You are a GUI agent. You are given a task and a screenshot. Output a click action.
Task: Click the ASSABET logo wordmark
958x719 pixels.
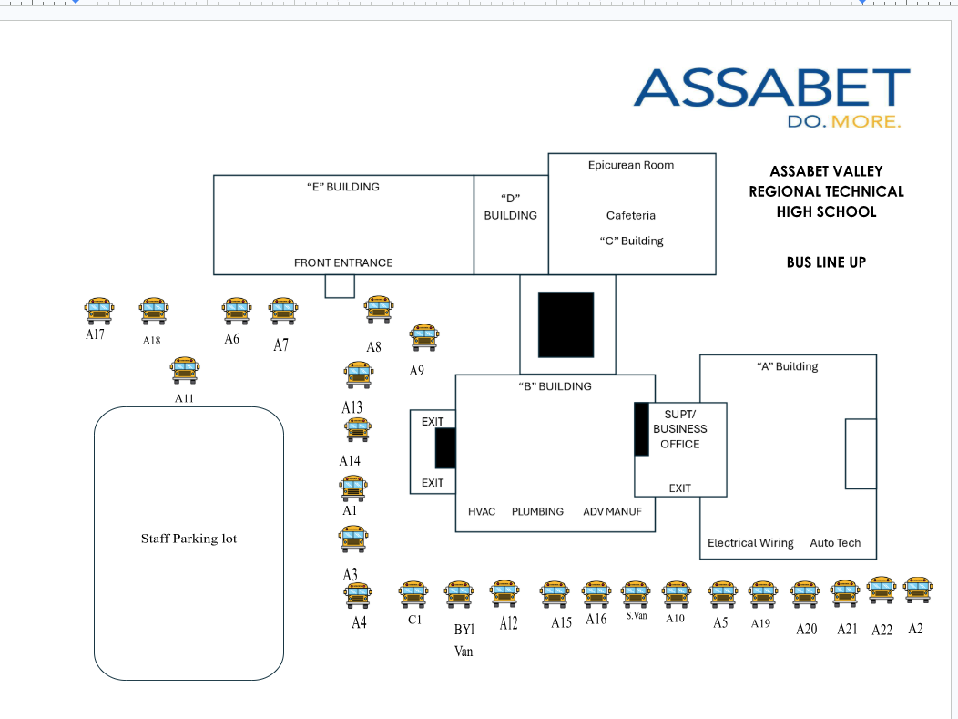[771, 87]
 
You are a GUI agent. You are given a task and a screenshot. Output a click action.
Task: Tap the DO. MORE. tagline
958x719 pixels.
[844, 121]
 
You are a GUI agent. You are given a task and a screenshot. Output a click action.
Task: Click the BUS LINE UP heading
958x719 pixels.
[826, 262]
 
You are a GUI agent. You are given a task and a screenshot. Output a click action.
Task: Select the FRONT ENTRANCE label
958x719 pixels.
[343, 262]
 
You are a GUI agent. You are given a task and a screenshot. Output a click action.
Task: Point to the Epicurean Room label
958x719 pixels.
[631, 165]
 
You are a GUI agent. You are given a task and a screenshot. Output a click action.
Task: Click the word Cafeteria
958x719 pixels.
[631, 215]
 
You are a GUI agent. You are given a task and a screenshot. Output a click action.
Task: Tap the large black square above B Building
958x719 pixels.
[566, 324]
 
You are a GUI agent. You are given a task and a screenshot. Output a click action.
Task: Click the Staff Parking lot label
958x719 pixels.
[189, 539]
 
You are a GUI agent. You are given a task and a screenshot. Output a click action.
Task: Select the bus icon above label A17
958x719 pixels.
[99, 311]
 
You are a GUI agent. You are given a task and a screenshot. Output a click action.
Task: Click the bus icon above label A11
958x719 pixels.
[185, 371]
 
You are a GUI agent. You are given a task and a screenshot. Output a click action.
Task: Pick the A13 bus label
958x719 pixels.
[352, 407]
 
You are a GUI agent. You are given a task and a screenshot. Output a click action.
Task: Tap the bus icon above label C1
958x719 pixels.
[413, 594]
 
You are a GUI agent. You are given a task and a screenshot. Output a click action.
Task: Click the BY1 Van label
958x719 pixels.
[464, 640]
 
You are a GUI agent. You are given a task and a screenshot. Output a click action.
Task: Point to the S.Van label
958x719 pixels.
[636, 616]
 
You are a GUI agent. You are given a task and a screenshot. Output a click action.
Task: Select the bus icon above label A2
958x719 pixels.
[918, 590]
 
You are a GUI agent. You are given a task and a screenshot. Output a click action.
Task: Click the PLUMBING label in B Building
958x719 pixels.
[537, 512]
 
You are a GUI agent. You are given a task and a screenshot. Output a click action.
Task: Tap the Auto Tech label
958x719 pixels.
[835, 543]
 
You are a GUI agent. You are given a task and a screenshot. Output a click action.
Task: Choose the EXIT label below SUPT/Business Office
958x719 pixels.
[679, 488]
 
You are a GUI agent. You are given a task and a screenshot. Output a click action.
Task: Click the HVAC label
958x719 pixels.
[482, 512]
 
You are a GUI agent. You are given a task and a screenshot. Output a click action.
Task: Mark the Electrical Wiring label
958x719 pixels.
[750, 543]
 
